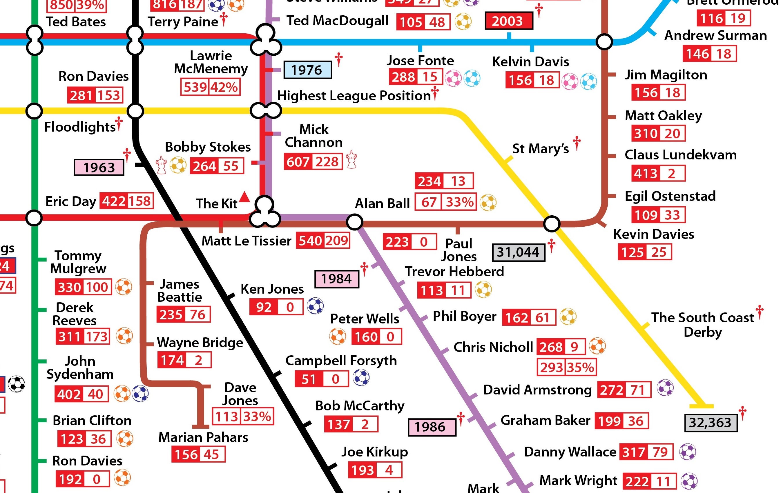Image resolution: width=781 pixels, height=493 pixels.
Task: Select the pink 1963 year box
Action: click(99, 168)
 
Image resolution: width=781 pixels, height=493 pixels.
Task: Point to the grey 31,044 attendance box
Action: click(518, 252)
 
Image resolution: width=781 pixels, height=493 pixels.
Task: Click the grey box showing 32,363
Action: click(710, 423)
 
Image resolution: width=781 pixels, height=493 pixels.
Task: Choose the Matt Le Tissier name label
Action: click(247, 241)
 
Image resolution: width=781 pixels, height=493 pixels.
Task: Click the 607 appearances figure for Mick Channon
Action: click(298, 162)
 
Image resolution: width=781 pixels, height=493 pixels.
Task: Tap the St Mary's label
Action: click(540, 149)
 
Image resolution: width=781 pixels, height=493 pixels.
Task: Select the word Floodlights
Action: click(80, 127)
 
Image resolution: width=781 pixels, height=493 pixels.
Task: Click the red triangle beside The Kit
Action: click(244, 197)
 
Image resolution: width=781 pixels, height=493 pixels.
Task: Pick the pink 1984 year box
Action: click(337, 279)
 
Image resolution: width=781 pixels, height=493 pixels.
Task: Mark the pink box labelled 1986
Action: click(432, 427)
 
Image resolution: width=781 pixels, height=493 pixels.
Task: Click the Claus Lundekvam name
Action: click(680, 155)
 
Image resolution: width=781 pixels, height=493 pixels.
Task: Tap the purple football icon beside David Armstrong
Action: click(665, 388)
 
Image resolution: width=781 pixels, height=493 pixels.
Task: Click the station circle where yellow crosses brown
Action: click(551, 224)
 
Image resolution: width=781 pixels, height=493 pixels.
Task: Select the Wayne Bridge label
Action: click(200, 343)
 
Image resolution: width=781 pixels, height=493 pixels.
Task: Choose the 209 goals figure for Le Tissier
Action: click(337, 241)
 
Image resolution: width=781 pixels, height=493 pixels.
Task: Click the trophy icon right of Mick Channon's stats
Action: click(351, 159)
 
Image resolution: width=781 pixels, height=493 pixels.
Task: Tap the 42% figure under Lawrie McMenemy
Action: click(224, 88)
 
